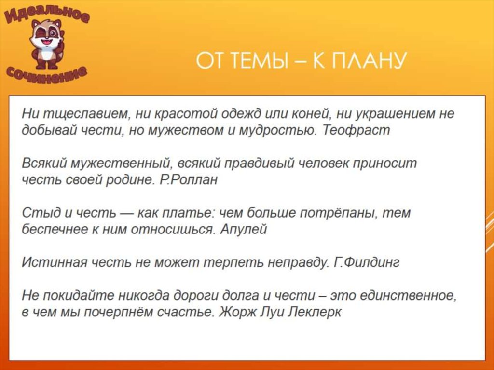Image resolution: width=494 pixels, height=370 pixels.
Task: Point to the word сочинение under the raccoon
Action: [x=47, y=73]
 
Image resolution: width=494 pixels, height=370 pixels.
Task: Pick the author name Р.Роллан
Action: [x=188, y=180]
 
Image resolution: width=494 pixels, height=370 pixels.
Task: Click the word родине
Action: [x=131, y=180]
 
